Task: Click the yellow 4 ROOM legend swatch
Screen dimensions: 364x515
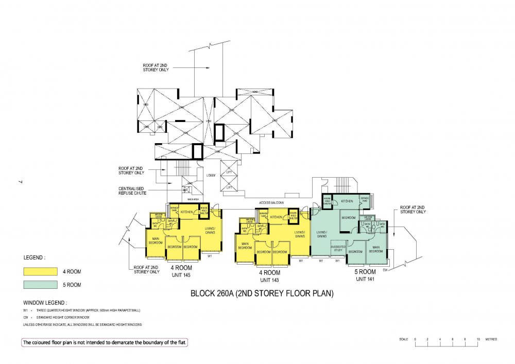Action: (x=40, y=271)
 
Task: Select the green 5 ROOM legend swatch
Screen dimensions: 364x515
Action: (x=40, y=284)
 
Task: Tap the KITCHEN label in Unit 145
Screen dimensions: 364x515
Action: (x=186, y=212)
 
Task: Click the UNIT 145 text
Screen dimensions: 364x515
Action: (x=181, y=275)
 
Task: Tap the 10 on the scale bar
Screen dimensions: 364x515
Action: (x=478, y=339)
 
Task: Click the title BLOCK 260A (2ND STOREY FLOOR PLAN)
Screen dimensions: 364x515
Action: (x=262, y=294)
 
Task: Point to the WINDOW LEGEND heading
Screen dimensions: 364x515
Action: (x=45, y=302)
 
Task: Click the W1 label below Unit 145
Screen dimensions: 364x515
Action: (x=210, y=255)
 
